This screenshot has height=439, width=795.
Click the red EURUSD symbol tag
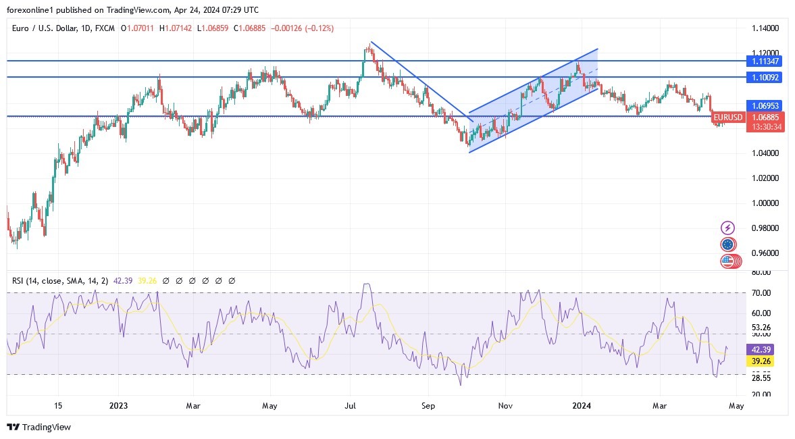727,118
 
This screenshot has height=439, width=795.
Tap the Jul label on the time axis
351,406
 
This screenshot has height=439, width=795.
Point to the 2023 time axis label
118,406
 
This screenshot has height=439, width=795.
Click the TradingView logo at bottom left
39,427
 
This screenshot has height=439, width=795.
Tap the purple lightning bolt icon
727,228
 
